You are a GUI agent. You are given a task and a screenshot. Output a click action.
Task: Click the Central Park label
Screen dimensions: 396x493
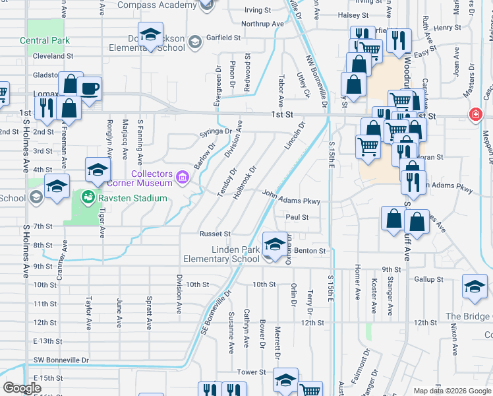pos(45,40)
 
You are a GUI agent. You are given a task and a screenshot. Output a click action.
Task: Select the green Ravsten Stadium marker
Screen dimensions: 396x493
pos(86,196)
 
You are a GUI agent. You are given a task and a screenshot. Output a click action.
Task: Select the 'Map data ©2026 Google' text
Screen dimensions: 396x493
pos(452,391)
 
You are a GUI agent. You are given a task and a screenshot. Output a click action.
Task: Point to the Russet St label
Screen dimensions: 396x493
pos(215,234)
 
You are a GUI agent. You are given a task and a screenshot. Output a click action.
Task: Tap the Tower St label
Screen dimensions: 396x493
pos(250,372)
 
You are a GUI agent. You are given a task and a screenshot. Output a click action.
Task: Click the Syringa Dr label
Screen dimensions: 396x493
pos(216,132)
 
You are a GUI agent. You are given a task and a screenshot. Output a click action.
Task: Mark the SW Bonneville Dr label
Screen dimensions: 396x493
pos(61,360)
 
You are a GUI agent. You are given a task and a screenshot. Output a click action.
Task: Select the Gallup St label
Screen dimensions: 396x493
pos(428,279)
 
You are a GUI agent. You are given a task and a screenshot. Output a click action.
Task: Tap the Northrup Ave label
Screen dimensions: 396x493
pos(262,24)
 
